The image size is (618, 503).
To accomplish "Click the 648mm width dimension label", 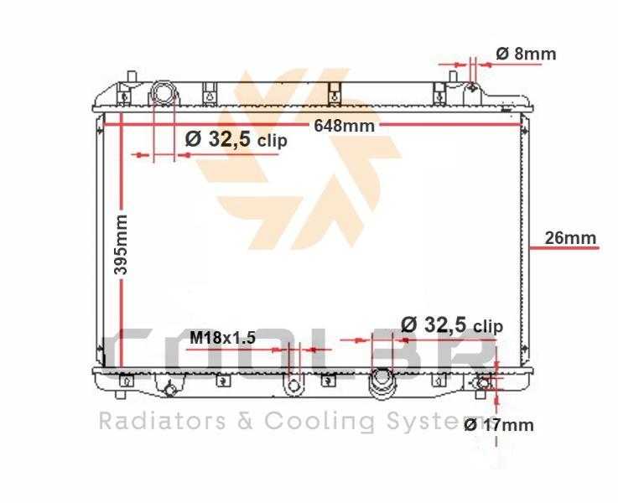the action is (344, 126).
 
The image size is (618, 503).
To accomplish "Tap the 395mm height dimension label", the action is (121, 245).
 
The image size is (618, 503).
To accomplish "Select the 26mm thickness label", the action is (570, 238).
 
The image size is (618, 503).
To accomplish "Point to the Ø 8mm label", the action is (526, 54).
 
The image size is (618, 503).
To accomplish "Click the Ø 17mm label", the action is (499, 425).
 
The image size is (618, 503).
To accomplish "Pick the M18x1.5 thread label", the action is (223, 338).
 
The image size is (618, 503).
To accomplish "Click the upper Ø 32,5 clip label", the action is (236, 139).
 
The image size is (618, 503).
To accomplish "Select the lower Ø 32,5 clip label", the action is (452, 325).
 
